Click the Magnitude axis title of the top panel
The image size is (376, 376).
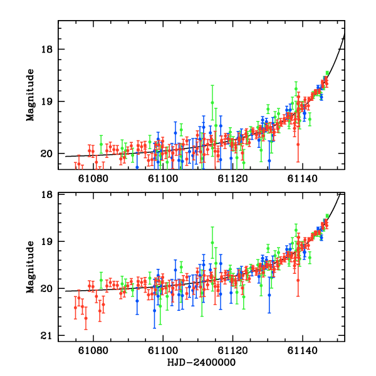point(29,95)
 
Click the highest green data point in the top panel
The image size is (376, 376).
point(327,73)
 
